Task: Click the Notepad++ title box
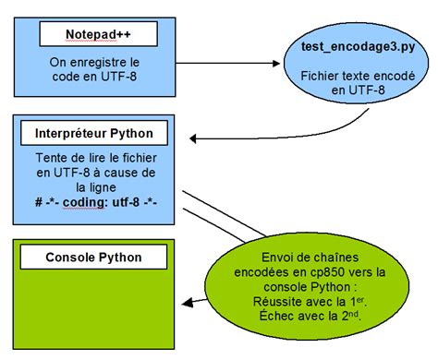[x=97, y=35]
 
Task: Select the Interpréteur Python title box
[x=97, y=134]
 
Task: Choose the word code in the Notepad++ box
[x=70, y=78]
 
